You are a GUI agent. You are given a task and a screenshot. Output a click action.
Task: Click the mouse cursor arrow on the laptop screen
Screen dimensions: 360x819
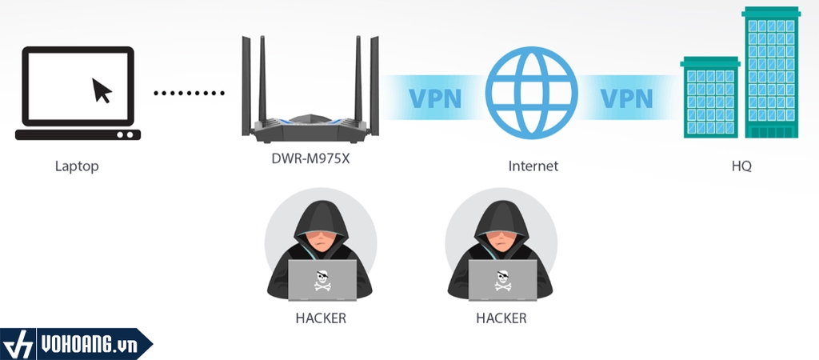click(102, 90)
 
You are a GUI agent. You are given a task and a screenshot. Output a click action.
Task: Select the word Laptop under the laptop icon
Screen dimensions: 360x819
click(77, 166)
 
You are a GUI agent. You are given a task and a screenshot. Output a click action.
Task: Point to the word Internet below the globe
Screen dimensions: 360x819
click(533, 166)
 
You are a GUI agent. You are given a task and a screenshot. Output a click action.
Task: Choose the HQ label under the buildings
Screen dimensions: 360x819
click(741, 166)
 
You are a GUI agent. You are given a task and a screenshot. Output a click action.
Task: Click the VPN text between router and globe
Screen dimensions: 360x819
click(436, 98)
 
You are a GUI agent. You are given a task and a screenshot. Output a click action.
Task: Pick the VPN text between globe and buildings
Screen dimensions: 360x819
click(626, 98)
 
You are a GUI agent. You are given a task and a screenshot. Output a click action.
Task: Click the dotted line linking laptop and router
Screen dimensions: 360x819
click(190, 93)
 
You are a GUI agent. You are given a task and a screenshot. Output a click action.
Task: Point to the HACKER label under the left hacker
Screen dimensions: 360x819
click(321, 318)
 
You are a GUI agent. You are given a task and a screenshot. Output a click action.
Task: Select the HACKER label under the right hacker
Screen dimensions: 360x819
click(501, 318)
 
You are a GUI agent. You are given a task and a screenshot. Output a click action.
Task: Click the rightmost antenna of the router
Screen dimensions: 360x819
click(376, 80)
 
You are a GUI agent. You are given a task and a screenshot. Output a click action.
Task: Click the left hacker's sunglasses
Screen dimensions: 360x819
click(320, 237)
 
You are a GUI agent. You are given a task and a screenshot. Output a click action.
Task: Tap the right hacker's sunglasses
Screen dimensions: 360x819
click(501, 237)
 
